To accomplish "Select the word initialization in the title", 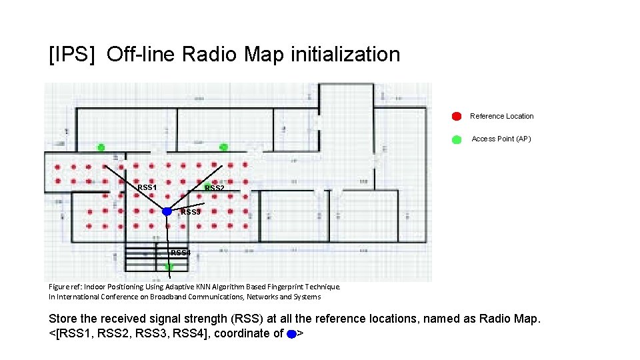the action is [x=345, y=55].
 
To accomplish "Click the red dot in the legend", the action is [x=457, y=116].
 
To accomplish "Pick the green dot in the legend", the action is [x=457, y=139].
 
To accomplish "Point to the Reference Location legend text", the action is [x=501, y=116].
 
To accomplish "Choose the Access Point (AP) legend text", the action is [x=501, y=139].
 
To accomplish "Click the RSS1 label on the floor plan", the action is [x=147, y=187].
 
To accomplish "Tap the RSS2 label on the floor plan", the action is [x=214, y=189].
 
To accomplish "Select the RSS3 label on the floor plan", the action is [x=190, y=212].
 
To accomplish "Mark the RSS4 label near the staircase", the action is [x=181, y=253].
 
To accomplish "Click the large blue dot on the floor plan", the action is [x=167, y=211].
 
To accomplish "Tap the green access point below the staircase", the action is [x=169, y=266].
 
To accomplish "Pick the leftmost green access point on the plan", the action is [x=101, y=147].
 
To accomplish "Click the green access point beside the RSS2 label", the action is [x=207, y=184].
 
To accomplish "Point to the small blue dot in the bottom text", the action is [x=291, y=334].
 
